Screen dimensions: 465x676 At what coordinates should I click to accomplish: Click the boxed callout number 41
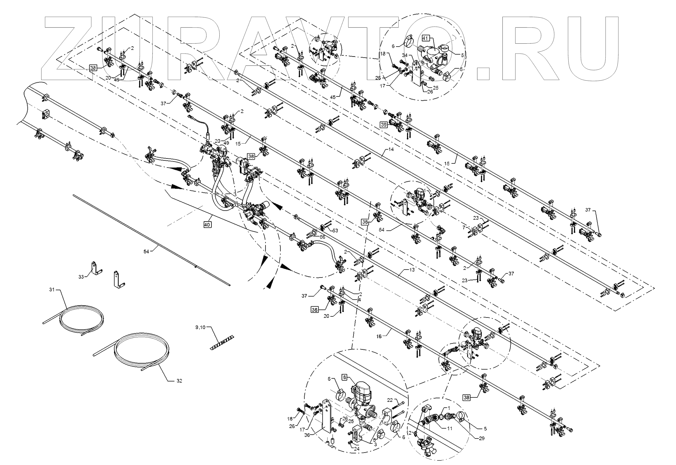[x=425, y=38]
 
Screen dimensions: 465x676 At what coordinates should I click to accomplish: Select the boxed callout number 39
[x=384, y=125]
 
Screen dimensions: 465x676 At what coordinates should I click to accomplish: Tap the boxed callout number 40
[x=207, y=225]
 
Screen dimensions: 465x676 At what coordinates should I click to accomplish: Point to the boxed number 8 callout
[x=345, y=377]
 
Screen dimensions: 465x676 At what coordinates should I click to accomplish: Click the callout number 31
[x=52, y=290]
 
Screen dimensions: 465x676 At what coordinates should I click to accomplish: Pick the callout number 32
[x=179, y=381]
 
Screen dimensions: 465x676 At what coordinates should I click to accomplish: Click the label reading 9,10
[x=200, y=328]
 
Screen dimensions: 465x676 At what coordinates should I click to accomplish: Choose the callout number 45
[x=333, y=97]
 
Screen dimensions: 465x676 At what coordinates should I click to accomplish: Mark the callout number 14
[x=391, y=150]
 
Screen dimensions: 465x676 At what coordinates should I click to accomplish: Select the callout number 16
[x=379, y=336]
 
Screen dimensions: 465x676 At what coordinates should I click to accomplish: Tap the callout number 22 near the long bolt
[x=390, y=400]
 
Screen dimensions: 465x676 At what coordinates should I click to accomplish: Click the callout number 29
[x=481, y=438]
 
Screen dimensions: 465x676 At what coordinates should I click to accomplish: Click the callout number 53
[x=335, y=231]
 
